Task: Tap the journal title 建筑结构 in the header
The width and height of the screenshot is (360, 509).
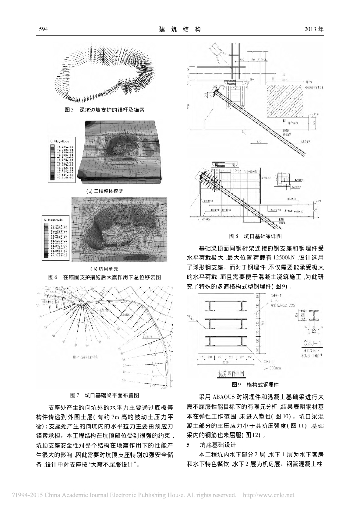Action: (179, 29)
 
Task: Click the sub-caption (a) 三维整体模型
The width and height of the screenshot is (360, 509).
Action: (104, 191)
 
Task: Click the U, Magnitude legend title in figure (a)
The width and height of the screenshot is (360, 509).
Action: (60, 141)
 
